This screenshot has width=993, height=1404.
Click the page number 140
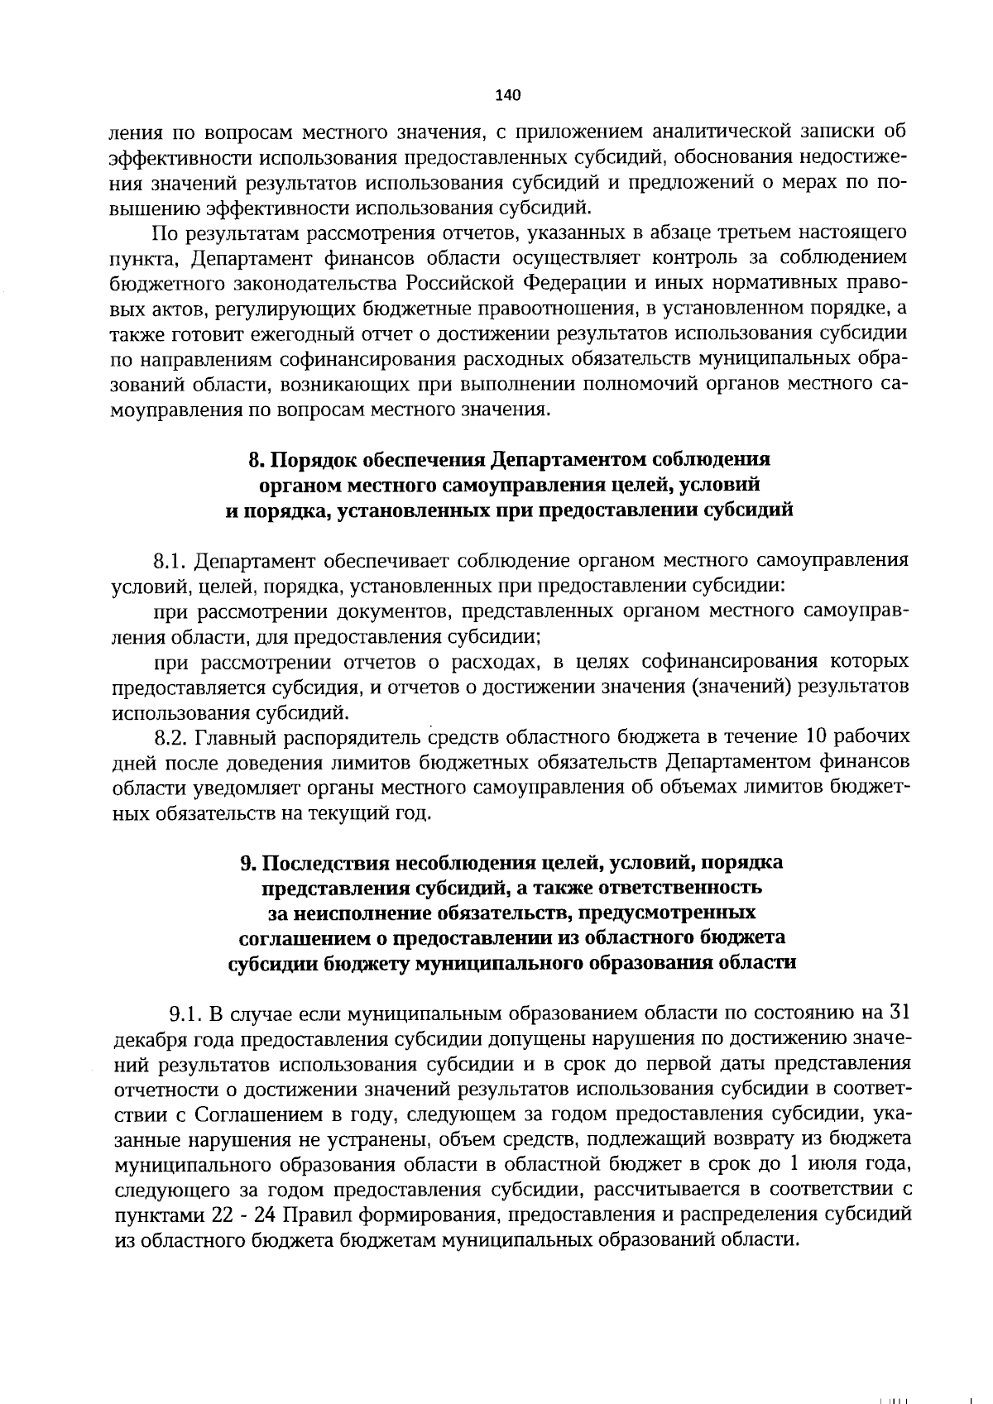point(507,95)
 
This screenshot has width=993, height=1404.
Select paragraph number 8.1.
point(171,561)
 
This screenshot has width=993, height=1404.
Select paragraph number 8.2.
point(171,737)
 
